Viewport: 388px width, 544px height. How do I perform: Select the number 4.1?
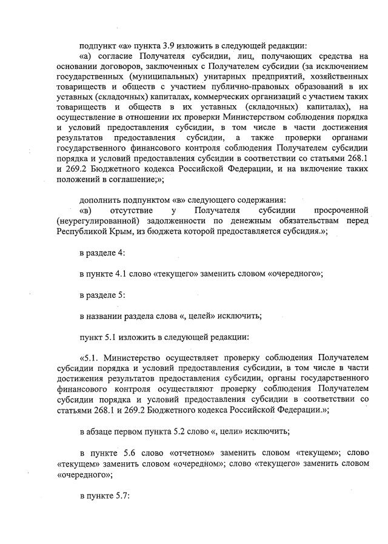coord(121,273)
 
